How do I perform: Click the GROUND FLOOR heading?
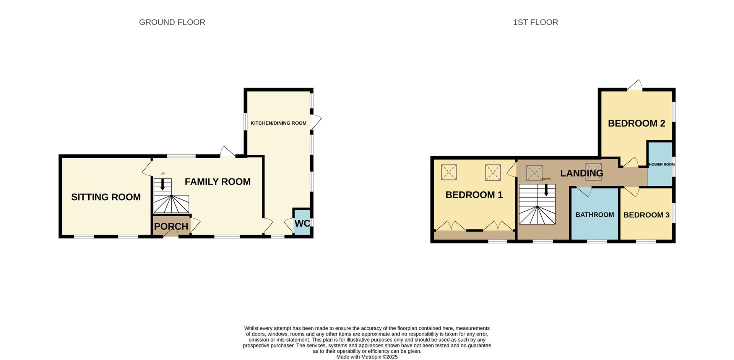pos(172,23)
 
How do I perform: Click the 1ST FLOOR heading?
pos(535,23)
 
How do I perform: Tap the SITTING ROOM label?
pos(106,197)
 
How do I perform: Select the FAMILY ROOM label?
pos(218,182)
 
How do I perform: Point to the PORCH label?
pos(171,226)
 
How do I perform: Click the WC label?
pos(302,223)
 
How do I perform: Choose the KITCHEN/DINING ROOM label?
pos(278,123)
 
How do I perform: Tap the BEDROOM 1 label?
pos(474,195)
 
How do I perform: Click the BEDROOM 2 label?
pos(637,123)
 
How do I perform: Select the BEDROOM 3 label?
pos(646,215)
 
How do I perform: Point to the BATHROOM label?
pos(594,215)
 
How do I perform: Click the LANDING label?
pos(581,174)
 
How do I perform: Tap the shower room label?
pos(661,165)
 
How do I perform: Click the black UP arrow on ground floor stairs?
pos(162,185)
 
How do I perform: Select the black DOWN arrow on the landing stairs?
pos(546,190)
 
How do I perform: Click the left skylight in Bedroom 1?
pos(449,172)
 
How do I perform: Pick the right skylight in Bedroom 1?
pos(493,172)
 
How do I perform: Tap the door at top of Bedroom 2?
pos(635,86)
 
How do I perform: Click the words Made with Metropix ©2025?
pos(367,357)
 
